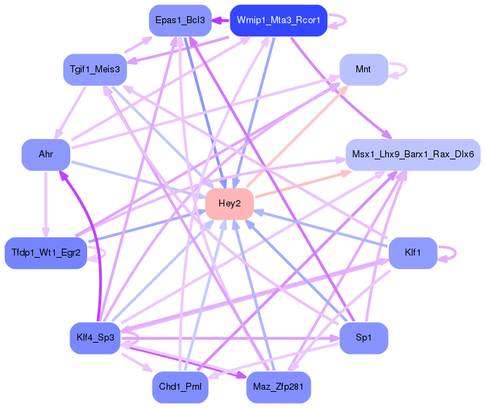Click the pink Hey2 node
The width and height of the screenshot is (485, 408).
pyautogui.click(x=229, y=204)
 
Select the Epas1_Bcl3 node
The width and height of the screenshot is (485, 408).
pyautogui.click(x=180, y=20)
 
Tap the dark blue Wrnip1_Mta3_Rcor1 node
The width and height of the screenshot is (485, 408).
pyautogui.click(x=278, y=20)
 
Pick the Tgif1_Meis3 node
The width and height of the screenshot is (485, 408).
pyautogui.click(x=95, y=70)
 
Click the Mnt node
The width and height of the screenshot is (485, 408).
pyautogui.click(x=363, y=70)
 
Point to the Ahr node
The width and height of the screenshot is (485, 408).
pyautogui.click(x=46, y=154)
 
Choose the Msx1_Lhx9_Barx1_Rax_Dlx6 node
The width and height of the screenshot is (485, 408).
pyautogui.click(x=413, y=154)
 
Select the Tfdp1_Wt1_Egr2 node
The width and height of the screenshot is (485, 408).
pyautogui.click(x=46, y=252)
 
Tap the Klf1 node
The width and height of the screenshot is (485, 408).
pyautogui.click(x=413, y=252)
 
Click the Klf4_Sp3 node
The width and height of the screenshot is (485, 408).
pyautogui.click(x=95, y=338)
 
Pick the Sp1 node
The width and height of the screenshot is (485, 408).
pyautogui.click(x=363, y=338)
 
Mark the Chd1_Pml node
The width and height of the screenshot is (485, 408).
pyautogui.click(x=180, y=387)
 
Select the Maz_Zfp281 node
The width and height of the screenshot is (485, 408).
pyautogui.click(x=278, y=387)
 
